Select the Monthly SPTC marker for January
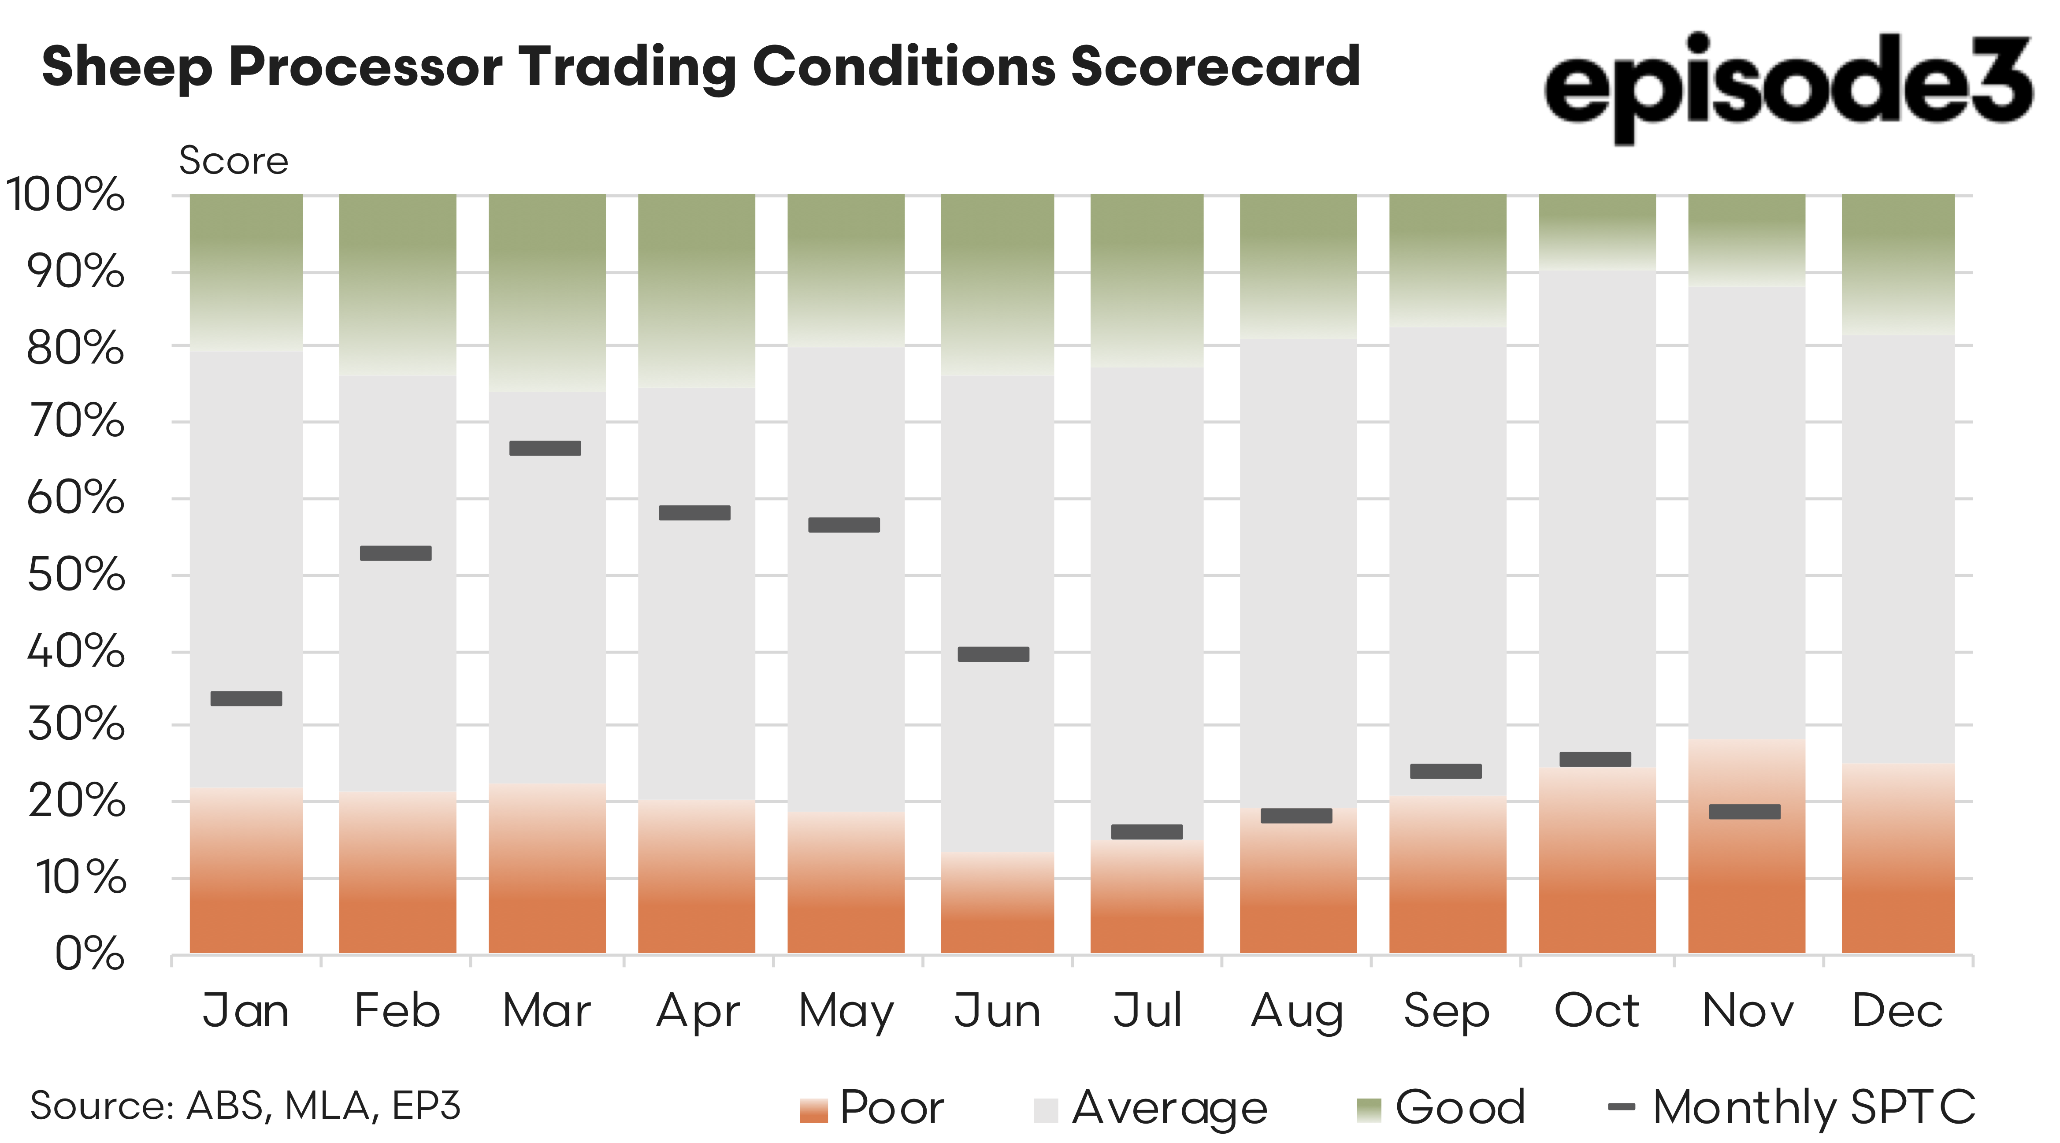246,698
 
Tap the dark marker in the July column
1147,832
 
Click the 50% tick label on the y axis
76,575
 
